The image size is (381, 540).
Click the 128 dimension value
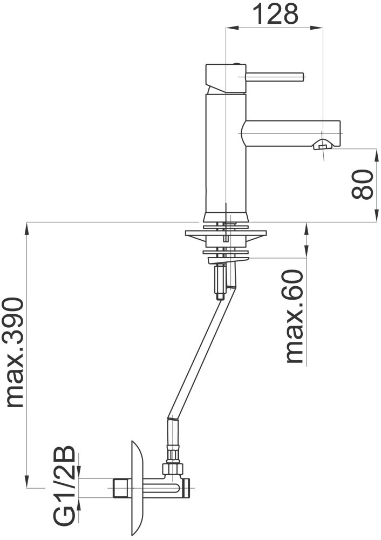pos(276,14)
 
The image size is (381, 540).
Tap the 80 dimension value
pos(363,184)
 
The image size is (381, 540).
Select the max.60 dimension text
pos(294,316)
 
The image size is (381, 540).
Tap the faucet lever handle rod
pos(274,77)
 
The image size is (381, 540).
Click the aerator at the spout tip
pos(322,145)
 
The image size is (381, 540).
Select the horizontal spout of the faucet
pos(291,133)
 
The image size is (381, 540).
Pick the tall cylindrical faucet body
pos(226,153)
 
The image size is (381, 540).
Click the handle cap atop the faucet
pos(226,78)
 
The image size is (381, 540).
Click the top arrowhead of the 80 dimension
pos(376,155)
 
